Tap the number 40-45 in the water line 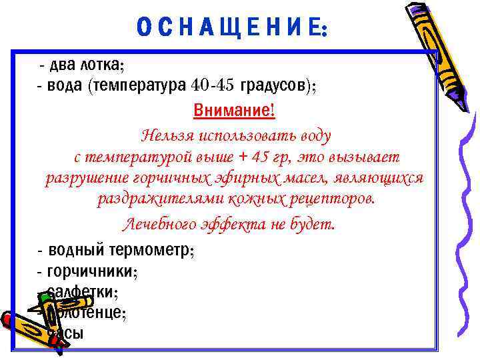(x=212, y=86)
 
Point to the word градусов (x=273, y=86)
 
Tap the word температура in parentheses (x=140, y=86)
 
